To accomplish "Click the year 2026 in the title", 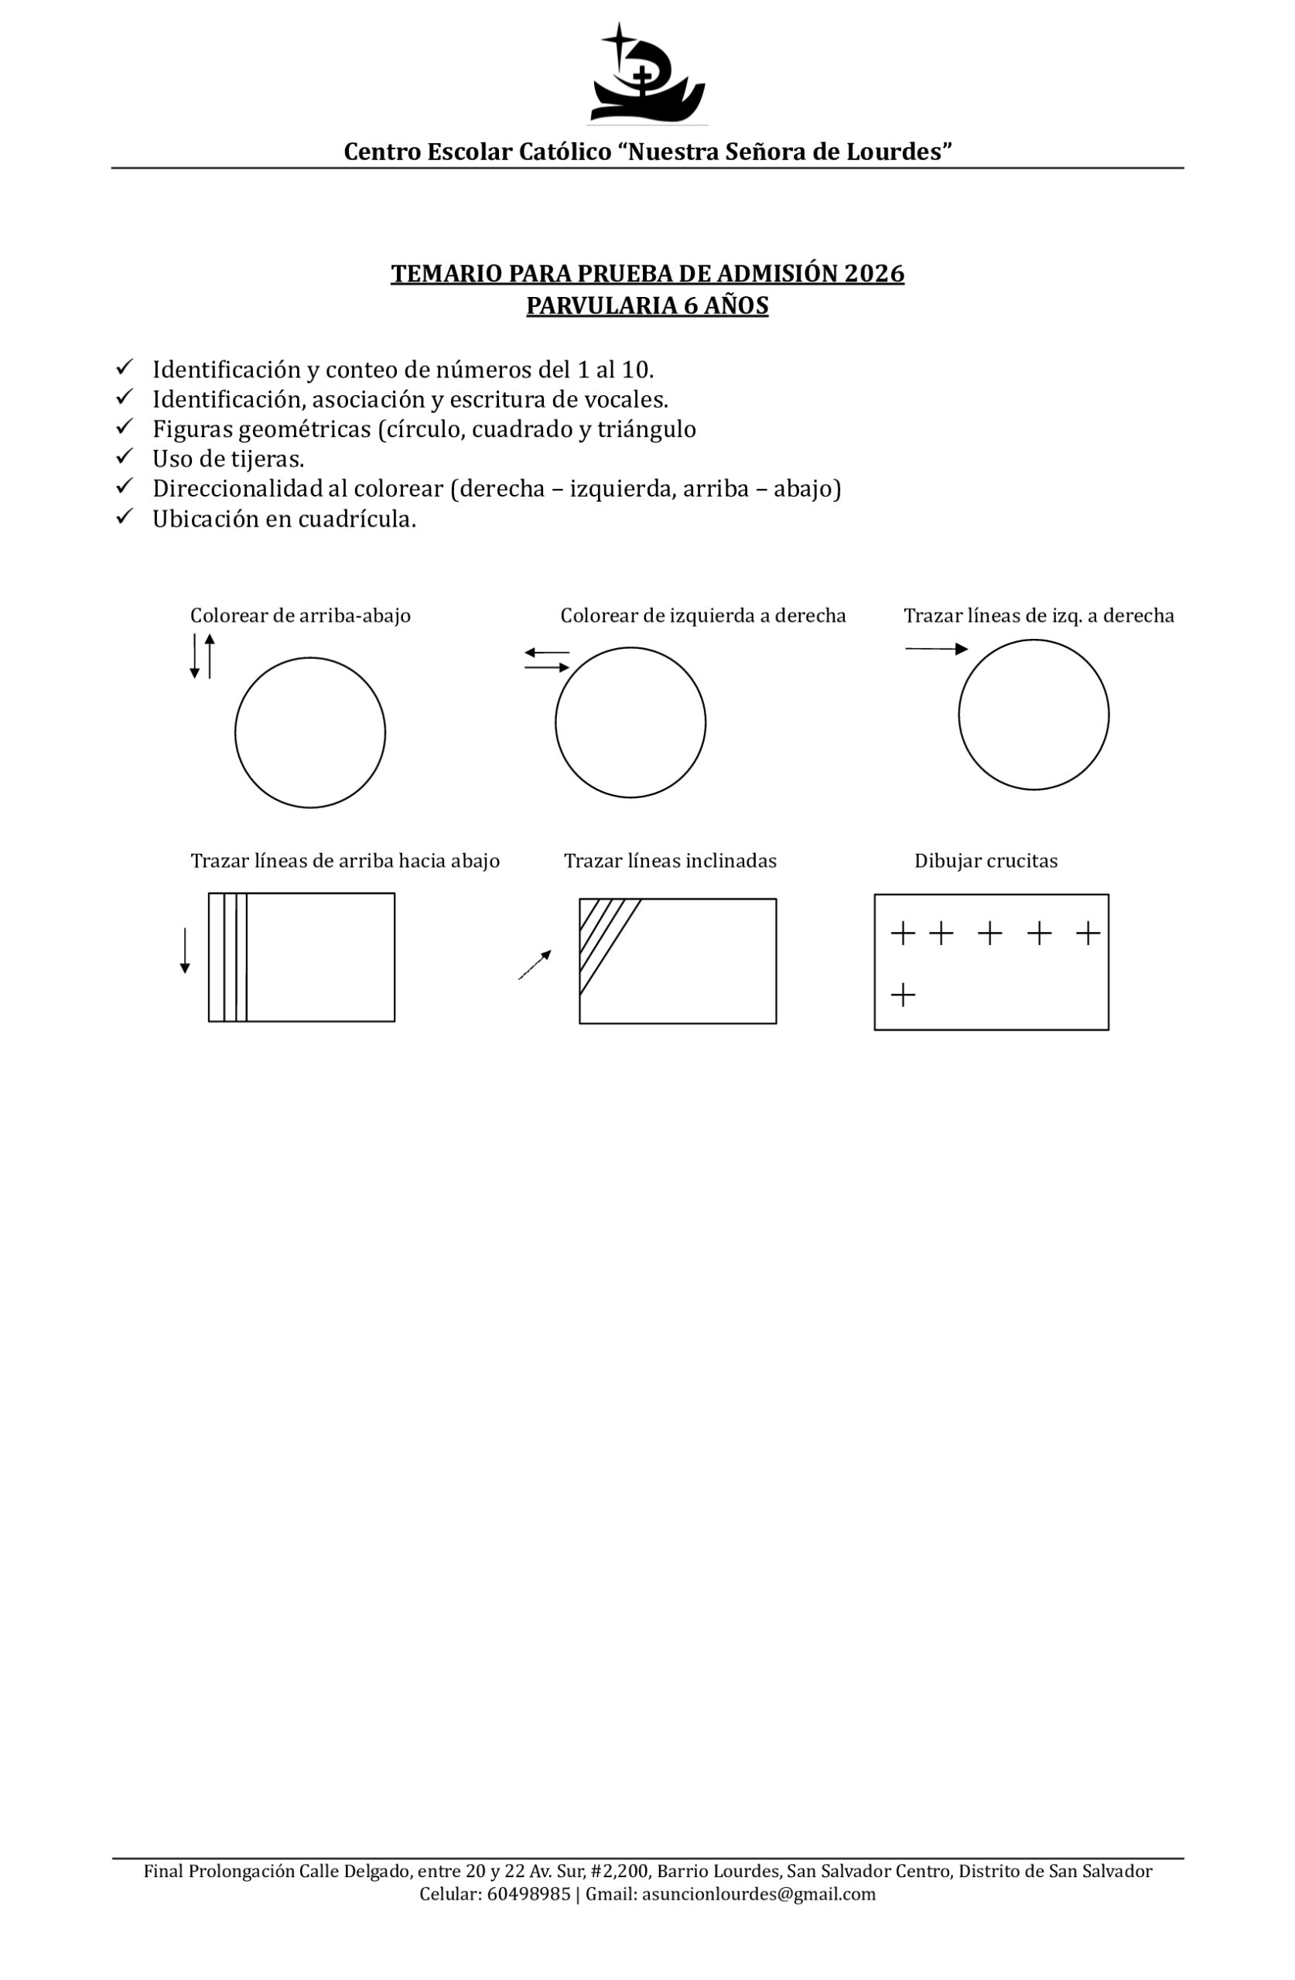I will click(874, 274).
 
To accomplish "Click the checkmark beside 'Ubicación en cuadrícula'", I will click(125, 517).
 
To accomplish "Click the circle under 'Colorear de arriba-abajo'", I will click(309, 732).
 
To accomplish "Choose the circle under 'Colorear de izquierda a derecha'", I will click(630, 722).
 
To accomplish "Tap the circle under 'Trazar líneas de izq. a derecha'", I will click(1033, 714).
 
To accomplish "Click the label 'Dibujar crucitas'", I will click(986, 861).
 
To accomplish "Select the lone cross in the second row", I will click(902, 994).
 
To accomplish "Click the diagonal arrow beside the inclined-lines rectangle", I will click(535, 964).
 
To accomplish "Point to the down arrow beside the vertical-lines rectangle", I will click(185, 950).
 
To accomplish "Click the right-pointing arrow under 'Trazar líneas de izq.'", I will click(935, 649).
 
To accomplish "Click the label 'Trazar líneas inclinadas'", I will click(670, 861).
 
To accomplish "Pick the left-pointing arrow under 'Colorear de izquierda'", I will click(546, 652).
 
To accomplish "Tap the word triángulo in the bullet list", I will click(646, 429).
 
